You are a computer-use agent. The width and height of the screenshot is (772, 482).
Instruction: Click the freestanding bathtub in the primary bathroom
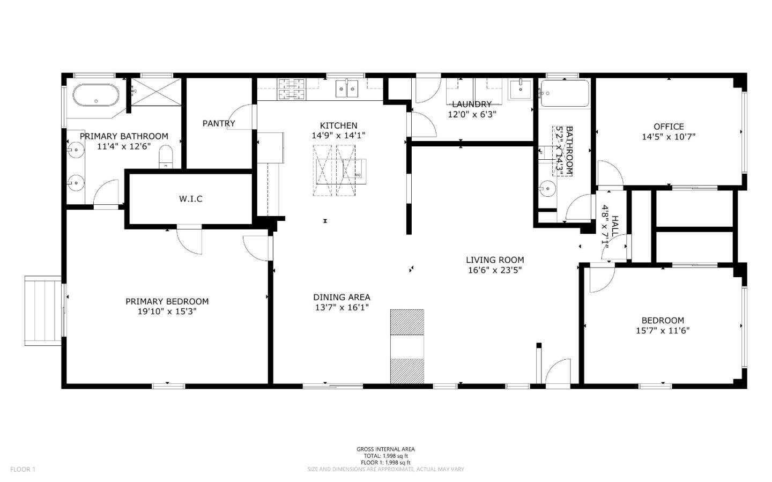[x=95, y=95]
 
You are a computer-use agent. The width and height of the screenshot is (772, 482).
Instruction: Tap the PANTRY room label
[x=219, y=123]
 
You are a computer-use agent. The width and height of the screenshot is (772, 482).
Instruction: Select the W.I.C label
[x=191, y=199]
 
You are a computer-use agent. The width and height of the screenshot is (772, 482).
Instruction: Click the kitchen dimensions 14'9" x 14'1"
[x=338, y=136]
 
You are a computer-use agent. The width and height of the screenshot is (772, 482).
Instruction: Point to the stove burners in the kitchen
[x=291, y=89]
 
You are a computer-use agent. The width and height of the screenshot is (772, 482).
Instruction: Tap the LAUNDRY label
[x=471, y=104]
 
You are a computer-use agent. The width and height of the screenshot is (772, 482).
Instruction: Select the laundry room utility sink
[x=519, y=89]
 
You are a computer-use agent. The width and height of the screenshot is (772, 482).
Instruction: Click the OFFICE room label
[x=669, y=127]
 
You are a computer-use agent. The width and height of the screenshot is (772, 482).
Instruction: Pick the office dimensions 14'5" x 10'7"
[x=669, y=136]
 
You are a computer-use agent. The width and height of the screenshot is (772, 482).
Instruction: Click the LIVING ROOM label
[x=495, y=260]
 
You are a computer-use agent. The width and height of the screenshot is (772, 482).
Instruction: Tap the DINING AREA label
[x=342, y=297]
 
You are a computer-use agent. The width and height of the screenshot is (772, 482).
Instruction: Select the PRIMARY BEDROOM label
[x=167, y=301]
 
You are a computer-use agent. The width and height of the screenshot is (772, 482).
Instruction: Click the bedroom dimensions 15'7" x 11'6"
[x=663, y=330]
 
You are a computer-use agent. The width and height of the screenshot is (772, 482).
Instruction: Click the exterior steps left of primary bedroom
[x=43, y=309]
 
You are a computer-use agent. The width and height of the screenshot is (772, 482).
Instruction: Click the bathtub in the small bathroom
[x=564, y=94]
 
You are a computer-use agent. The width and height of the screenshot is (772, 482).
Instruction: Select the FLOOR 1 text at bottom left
[x=23, y=469]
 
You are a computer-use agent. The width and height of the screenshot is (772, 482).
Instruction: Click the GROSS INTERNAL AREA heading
[x=385, y=449]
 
